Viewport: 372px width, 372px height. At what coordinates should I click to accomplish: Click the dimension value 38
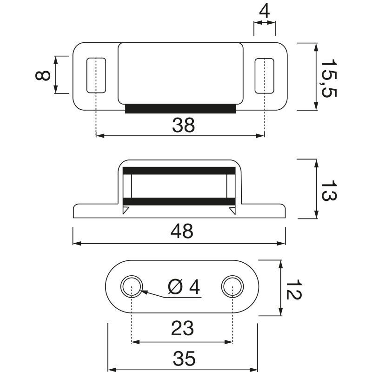[x=183, y=125]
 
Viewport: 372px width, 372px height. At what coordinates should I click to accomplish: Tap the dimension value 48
[x=182, y=231]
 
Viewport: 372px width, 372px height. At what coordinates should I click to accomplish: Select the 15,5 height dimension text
[x=329, y=78]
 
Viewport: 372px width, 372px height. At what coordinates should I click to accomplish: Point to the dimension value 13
[x=329, y=190]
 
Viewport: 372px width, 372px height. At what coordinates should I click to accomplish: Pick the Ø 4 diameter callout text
[x=184, y=287]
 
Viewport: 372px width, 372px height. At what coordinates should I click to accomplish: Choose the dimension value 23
[x=182, y=328]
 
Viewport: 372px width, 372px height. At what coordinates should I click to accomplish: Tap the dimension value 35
[x=184, y=359]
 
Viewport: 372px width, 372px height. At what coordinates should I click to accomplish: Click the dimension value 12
[x=294, y=289]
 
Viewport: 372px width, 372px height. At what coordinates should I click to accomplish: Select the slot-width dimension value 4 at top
[x=264, y=11]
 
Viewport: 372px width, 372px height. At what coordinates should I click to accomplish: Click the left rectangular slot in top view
[x=96, y=75]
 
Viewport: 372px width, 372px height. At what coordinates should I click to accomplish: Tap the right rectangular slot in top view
[x=265, y=76]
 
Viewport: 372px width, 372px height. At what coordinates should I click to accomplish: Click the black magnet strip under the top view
[x=180, y=109]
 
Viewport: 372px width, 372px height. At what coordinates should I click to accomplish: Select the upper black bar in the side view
[x=179, y=171]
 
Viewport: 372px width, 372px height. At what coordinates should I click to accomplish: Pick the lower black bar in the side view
[x=179, y=201]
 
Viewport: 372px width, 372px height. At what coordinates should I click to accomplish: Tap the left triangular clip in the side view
[x=125, y=210]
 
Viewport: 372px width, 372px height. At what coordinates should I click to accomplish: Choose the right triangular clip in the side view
[x=233, y=211]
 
